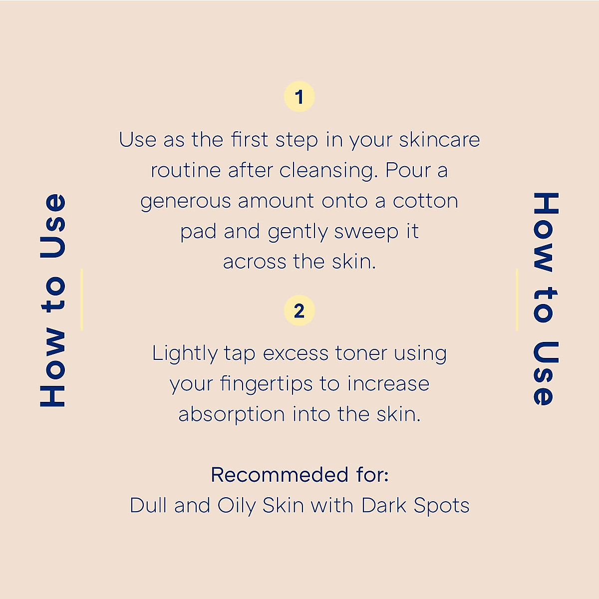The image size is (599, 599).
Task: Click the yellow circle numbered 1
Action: [x=299, y=96]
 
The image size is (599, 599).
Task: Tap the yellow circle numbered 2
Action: [x=299, y=311]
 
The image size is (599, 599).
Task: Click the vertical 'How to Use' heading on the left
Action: [x=53, y=300]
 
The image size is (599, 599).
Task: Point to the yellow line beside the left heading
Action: [x=81, y=299]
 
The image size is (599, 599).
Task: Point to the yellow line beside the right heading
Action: [x=517, y=299]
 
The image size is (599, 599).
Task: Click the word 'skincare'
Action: [x=439, y=140]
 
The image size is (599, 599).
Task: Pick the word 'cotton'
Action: [x=425, y=201]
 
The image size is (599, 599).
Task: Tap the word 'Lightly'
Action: [x=185, y=354]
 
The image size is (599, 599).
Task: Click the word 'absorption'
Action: [x=232, y=415]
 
